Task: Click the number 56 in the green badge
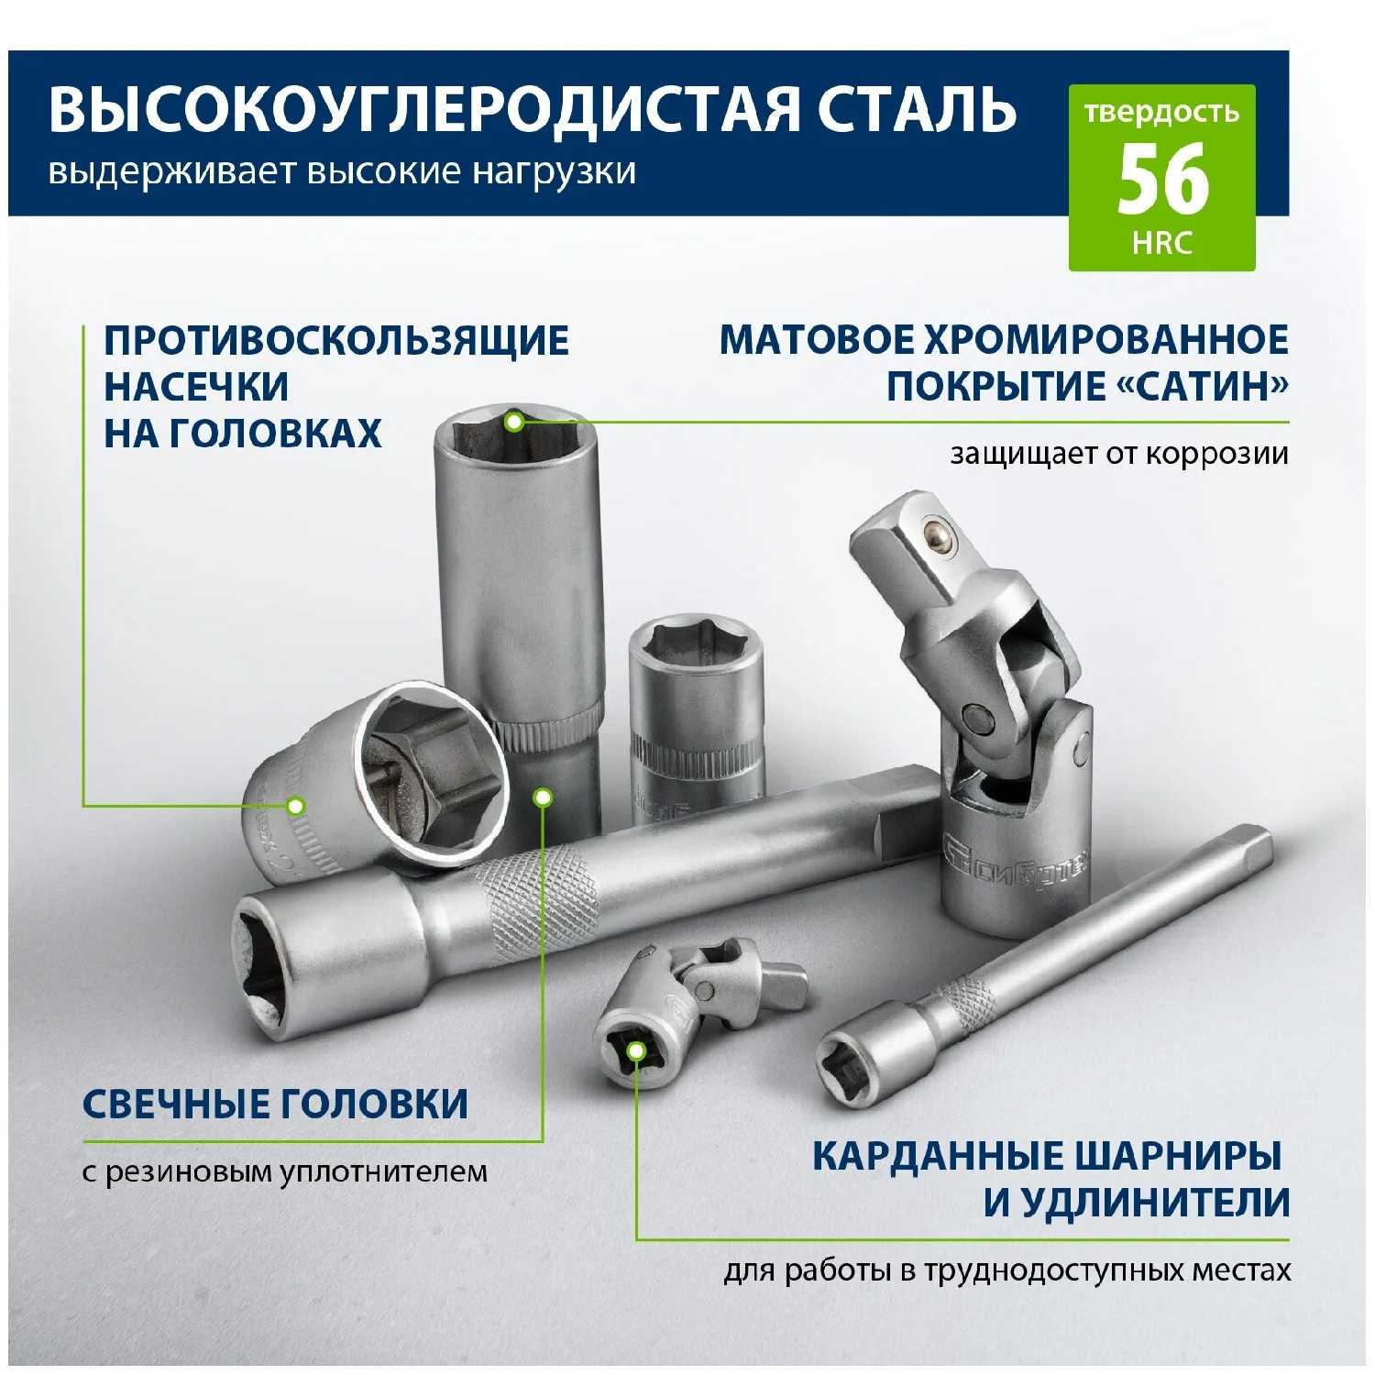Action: click(x=1162, y=181)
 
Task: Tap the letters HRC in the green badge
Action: click(x=1162, y=243)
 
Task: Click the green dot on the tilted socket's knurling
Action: click(x=295, y=806)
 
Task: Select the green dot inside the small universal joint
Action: click(x=634, y=1053)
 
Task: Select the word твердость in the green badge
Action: click(x=1162, y=114)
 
